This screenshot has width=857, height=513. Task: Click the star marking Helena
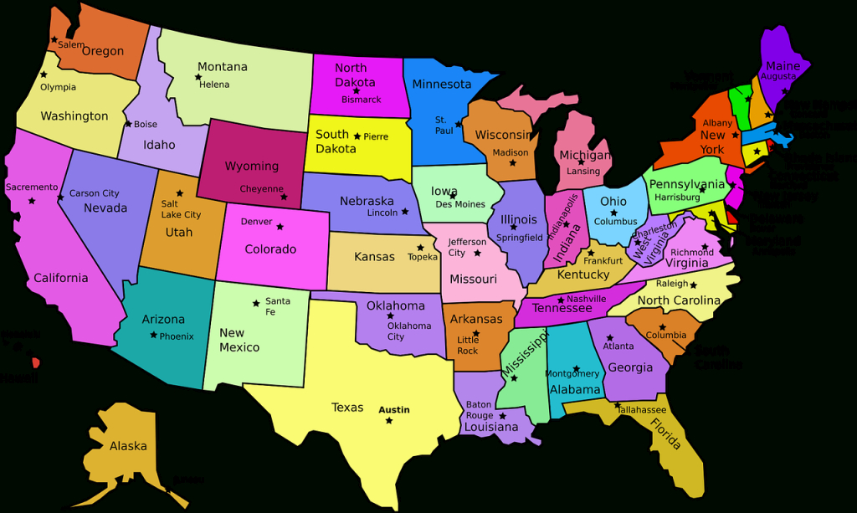(x=198, y=78)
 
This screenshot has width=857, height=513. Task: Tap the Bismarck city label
(x=361, y=100)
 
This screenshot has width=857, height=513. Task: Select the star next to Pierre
(x=357, y=136)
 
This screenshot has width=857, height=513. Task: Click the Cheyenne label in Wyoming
(x=261, y=189)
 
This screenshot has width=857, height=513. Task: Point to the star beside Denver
(x=280, y=226)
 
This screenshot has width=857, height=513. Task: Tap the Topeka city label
(x=422, y=257)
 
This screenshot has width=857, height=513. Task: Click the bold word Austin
(x=394, y=410)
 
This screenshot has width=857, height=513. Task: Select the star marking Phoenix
(x=153, y=335)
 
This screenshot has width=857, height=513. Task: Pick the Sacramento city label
(x=32, y=187)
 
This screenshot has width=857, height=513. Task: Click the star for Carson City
(x=60, y=198)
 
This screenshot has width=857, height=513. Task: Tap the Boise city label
(x=146, y=125)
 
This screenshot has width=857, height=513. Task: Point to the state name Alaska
(x=128, y=446)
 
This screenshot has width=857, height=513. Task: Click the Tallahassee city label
(x=642, y=410)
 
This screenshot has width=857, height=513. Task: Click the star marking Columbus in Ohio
(x=613, y=213)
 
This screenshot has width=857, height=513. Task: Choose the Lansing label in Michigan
(x=583, y=172)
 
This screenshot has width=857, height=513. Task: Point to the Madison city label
(x=510, y=153)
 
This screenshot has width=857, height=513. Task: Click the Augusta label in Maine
(x=778, y=77)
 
